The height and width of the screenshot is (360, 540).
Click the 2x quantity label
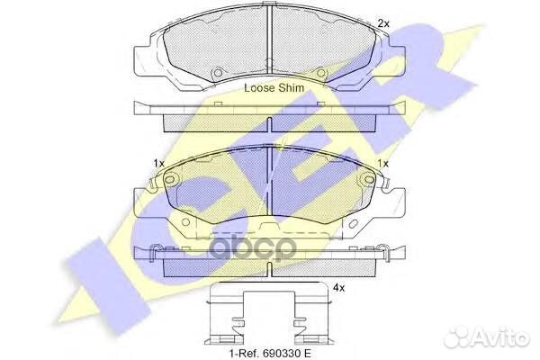pos(384,22)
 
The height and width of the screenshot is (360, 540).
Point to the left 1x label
pos(159,163)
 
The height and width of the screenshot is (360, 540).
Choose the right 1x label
pos(382,163)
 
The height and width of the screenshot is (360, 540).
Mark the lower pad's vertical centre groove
pos(272,193)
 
